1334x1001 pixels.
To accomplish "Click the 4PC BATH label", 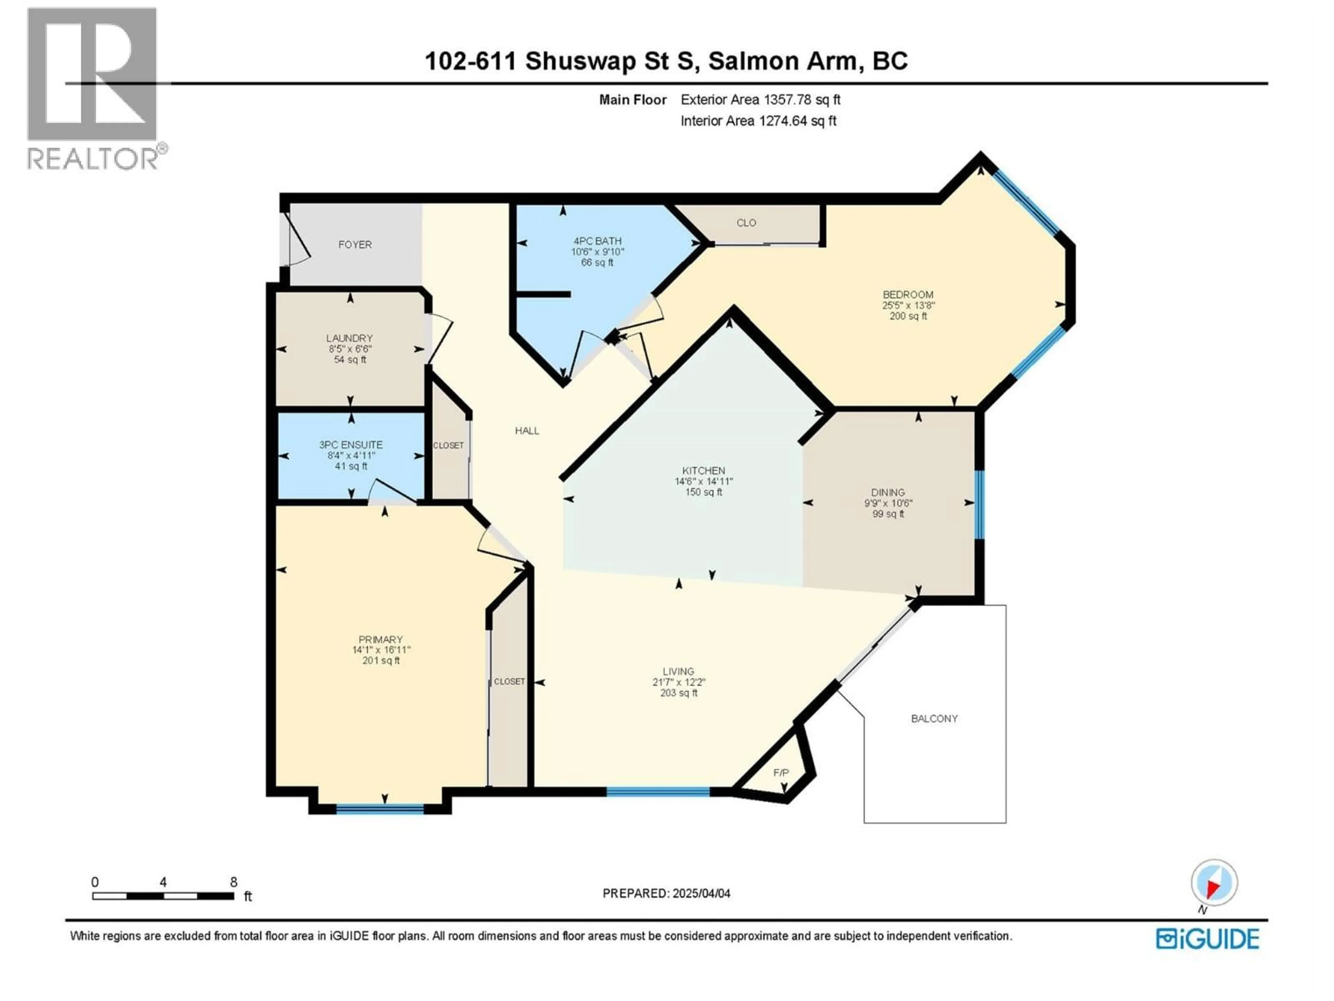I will point(597,241).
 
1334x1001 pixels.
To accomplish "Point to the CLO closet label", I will point(746,223).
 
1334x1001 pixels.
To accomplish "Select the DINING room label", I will point(888,493).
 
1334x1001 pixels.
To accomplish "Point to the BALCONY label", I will point(934,719).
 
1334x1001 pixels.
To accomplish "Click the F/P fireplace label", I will point(781,773).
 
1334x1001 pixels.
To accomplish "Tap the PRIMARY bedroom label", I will point(380,640).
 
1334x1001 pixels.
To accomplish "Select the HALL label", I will point(527,431).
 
